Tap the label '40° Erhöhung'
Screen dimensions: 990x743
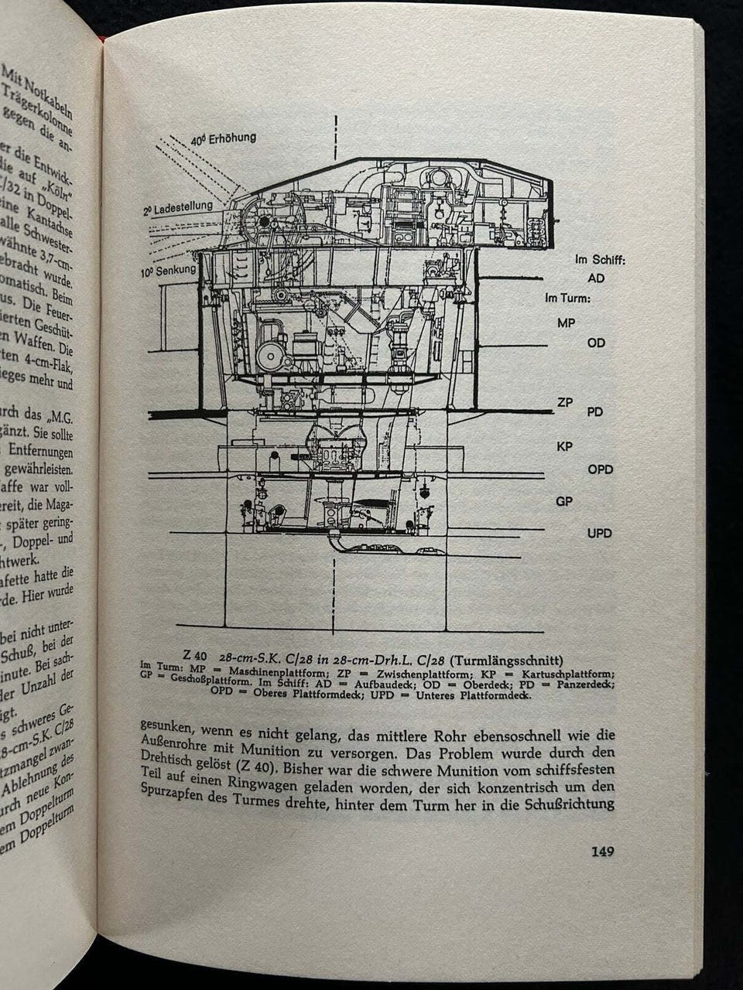[x=224, y=140]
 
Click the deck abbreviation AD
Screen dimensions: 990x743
[x=596, y=278]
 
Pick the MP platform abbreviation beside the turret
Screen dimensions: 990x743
[x=567, y=323]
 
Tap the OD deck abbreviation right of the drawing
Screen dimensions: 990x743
[x=596, y=343]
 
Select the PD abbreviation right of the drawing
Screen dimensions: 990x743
[x=594, y=412]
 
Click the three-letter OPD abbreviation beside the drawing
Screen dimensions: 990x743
[x=600, y=469]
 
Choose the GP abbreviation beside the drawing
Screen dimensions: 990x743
[x=565, y=501]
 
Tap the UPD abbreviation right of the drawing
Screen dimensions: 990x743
[x=599, y=533]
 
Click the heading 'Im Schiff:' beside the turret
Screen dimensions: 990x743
[x=599, y=260]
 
